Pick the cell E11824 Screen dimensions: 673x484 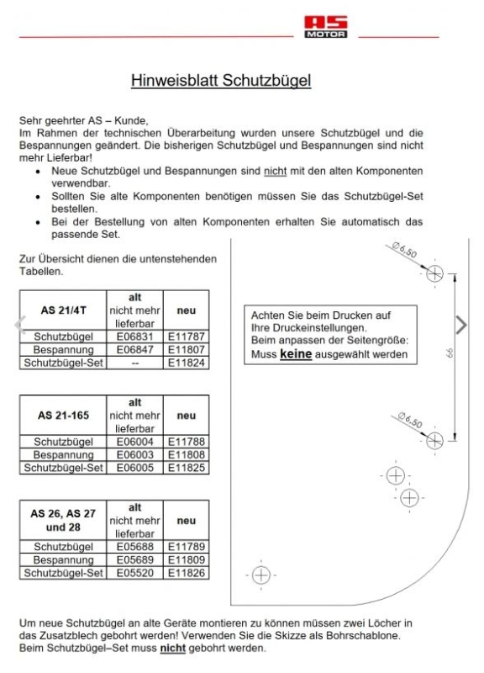187,363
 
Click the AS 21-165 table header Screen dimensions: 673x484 61,416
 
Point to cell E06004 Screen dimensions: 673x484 135,441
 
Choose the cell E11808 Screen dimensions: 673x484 187,453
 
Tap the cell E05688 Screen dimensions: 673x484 135,546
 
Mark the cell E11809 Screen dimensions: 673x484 187,559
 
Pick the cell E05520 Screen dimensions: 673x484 135,572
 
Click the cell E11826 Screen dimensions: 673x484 187,572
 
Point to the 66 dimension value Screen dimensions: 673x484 464,357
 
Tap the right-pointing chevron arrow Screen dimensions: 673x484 460,324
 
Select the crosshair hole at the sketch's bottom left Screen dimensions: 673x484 260,575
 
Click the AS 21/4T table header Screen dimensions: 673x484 61,310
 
